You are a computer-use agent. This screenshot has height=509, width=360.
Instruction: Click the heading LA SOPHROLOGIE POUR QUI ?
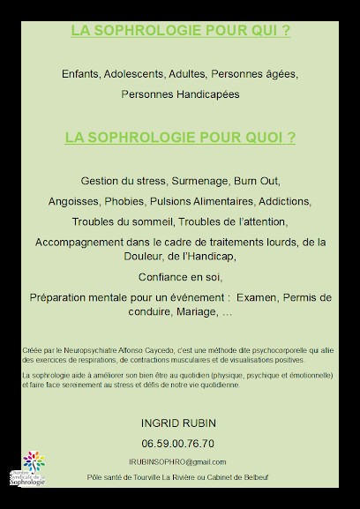point(180,30)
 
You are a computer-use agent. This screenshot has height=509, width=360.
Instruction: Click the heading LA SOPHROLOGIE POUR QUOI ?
point(180,138)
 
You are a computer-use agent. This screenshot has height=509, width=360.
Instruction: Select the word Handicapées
point(207,93)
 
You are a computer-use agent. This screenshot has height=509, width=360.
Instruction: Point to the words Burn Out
point(256,181)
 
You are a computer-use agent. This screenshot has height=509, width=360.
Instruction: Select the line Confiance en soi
point(179,276)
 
